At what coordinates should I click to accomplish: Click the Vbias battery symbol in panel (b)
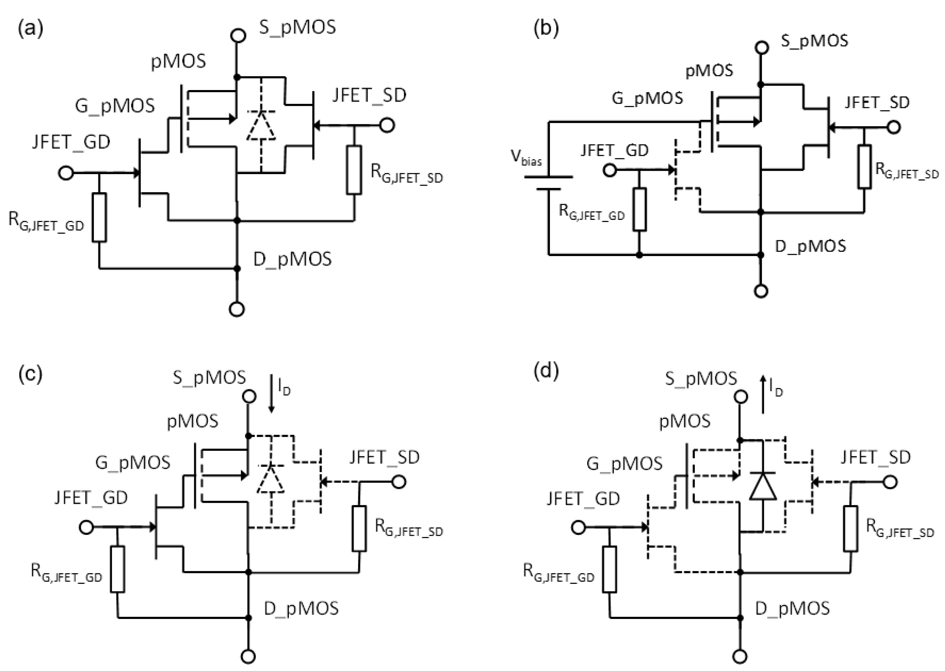click(x=548, y=183)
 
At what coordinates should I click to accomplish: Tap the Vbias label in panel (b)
click(x=526, y=157)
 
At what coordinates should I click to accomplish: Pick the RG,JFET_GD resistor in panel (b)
click(x=639, y=209)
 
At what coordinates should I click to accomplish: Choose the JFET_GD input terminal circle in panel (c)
click(x=86, y=527)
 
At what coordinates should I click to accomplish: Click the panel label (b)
click(x=546, y=28)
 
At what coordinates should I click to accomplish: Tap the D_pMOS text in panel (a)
click(x=292, y=259)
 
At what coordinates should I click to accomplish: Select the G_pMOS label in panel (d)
click(x=624, y=464)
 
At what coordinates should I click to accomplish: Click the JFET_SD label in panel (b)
click(x=877, y=103)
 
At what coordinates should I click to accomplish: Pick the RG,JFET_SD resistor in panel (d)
click(x=850, y=529)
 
